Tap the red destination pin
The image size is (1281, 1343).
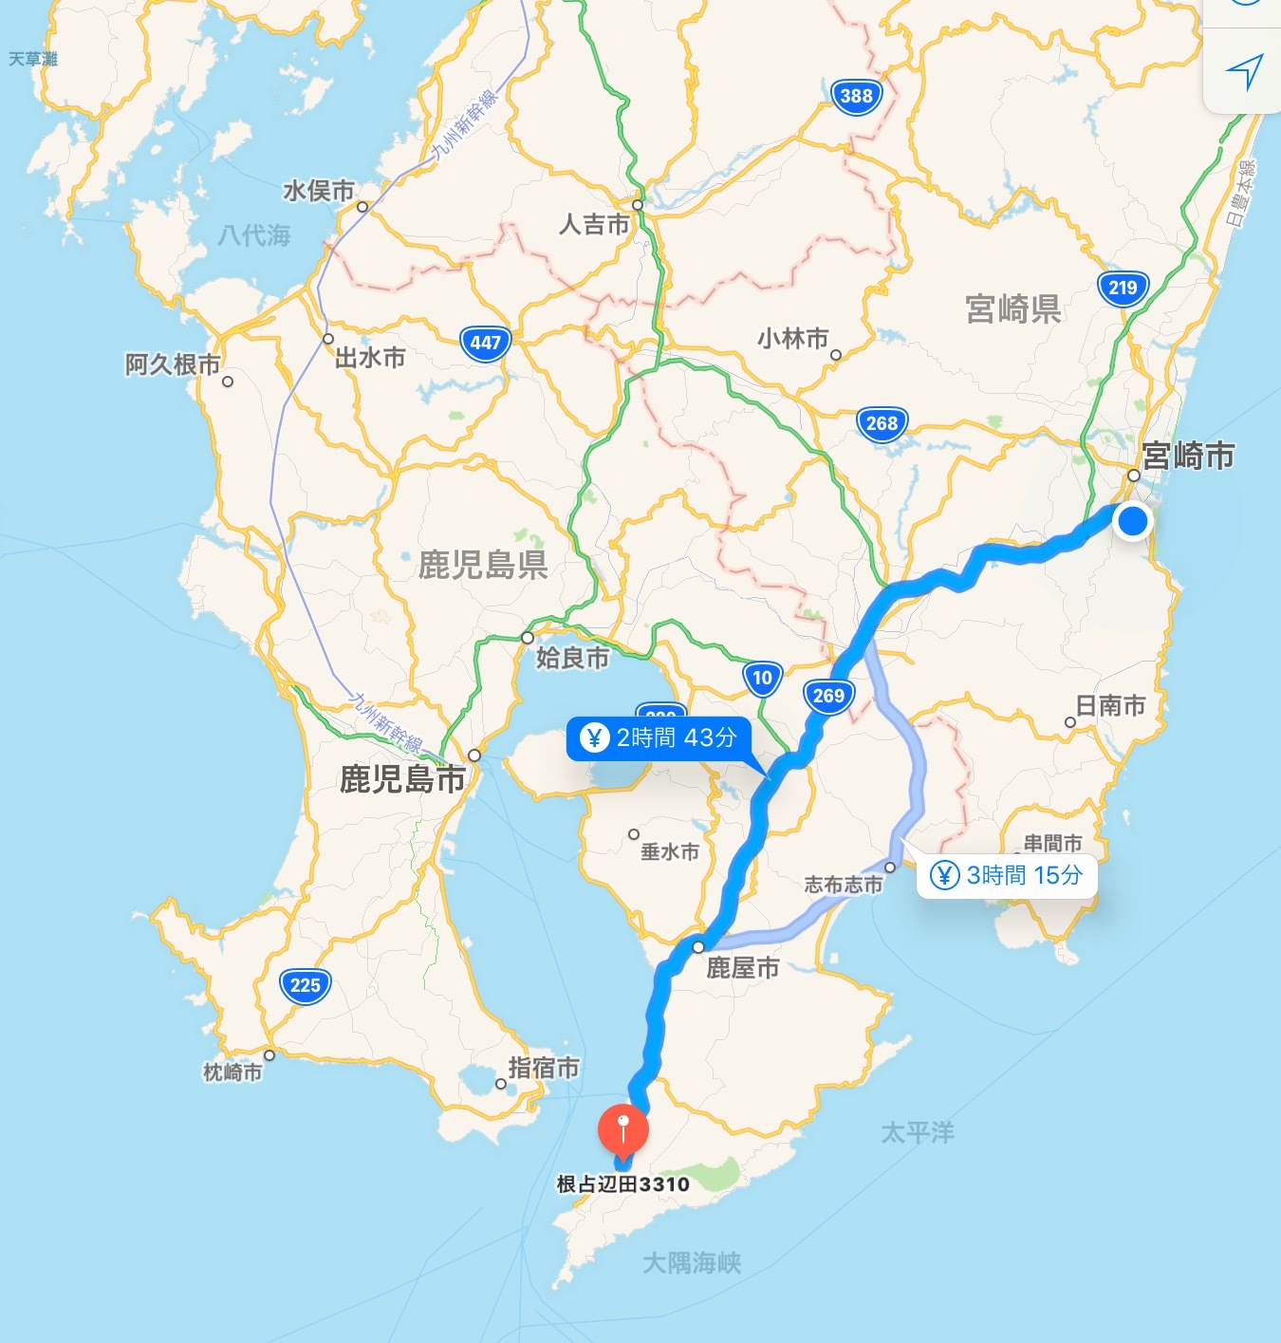pyautogui.click(x=622, y=1129)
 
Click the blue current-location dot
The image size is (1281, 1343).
pyautogui.click(x=1132, y=521)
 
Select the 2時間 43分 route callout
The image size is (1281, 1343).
pyautogui.click(x=659, y=737)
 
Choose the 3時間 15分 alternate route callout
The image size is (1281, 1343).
pyautogui.click(x=1006, y=875)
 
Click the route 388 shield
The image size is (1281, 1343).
pyautogui.click(x=856, y=96)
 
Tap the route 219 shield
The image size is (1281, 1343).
pyautogui.click(x=1123, y=289)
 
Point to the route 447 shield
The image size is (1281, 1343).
pyautogui.click(x=485, y=343)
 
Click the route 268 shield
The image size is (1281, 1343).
pyautogui.click(x=882, y=423)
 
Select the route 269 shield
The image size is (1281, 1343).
pyautogui.click(x=828, y=696)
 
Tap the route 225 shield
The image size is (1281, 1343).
pyautogui.click(x=305, y=985)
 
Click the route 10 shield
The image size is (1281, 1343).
pyautogui.click(x=762, y=678)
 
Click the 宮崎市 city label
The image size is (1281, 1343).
pyautogui.click(x=1188, y=456)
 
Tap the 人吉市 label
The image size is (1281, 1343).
pyautogui.click(x=594, y=225)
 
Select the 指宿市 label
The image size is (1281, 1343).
pyautogui.click(x=543, y=1068)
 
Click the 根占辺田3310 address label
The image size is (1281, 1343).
pyautogui.click(x=622, y=1184)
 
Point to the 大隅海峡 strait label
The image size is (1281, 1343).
pyautogui.click(x=692, y=1263)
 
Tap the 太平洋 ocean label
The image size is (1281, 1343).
pyautogui.click(x=918, y=1132)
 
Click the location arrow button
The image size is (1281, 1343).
pyautogui.click(x=1244, y=70)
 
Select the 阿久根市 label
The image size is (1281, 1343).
pyautogui.click(x=173, y=364)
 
